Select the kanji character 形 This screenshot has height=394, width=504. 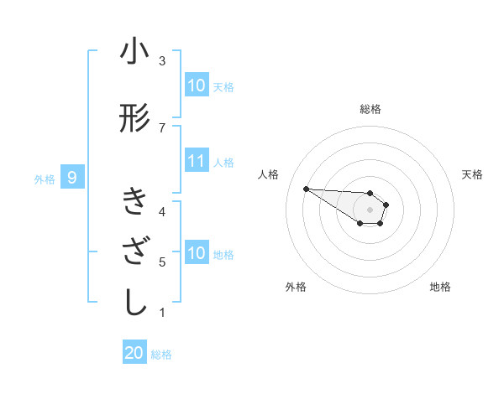(134, 119)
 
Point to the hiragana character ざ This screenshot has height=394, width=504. (134, 252)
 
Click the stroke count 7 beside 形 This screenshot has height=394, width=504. (162, 127)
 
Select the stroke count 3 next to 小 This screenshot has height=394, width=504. (162, 61)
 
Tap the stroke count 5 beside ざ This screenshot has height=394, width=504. (162, 262)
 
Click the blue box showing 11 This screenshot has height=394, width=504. (197, 162)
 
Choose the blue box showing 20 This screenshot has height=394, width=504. (134, 354)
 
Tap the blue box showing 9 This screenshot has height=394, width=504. (73, 178)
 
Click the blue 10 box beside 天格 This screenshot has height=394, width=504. (197, 86)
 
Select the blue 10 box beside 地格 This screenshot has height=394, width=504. (197, 253)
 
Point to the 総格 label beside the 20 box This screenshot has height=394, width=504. (161, 355)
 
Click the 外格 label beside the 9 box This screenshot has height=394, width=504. (45, 179)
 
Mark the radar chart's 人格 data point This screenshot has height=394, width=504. (306, 189)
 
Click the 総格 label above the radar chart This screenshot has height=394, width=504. (370, 109)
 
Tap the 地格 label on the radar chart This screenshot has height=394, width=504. (440, 287)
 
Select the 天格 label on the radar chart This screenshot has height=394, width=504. (472, 174)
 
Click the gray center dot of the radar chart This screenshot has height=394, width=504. (370, 210)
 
